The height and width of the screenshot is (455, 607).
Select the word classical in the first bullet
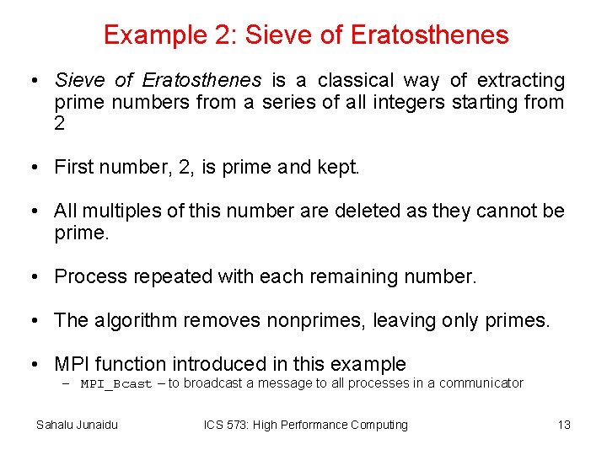355,81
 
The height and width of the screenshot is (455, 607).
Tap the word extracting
520,81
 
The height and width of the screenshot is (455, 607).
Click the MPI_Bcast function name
116,384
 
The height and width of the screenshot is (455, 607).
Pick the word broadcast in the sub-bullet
213,383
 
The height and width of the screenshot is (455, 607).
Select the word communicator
481,383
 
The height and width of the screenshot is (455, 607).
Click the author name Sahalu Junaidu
77,425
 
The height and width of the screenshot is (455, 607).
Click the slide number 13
564,425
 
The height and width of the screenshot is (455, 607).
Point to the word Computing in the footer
377,425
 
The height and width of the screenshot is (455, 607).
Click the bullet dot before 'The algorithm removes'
31,321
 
